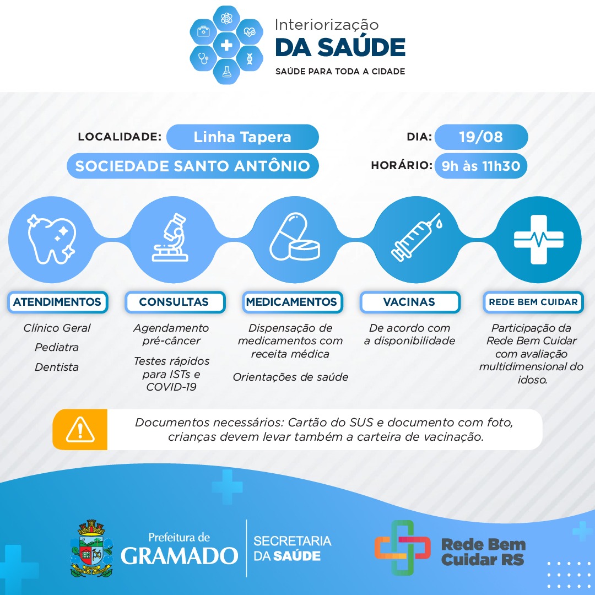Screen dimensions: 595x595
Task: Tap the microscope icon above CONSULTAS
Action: (171, 238)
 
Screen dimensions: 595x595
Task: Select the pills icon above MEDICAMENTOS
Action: (295, 237)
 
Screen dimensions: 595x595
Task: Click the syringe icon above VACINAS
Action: (416, 237)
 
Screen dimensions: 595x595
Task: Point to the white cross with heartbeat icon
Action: (538, 240)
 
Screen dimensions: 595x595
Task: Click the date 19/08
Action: (481, 137)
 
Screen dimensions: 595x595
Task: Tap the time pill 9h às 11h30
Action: (481, 166)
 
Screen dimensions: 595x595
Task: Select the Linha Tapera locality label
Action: (242, 137)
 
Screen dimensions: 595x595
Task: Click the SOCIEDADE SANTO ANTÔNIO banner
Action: (193, 166)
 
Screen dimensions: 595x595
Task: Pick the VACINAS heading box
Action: (410, 302)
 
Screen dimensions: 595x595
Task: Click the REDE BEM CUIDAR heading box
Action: (533, 302)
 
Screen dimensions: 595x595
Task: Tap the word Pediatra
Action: (57, 347)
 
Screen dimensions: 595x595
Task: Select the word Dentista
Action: (57, 367)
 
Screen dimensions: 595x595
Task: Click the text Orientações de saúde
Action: (290, 377)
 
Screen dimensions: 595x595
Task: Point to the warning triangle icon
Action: (80, 430)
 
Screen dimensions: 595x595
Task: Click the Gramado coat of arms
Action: (91, 548)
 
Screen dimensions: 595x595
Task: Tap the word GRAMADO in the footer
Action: (179, 556)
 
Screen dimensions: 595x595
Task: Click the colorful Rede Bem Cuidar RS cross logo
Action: (402, 548)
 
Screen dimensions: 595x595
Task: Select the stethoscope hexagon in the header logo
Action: (203, 58)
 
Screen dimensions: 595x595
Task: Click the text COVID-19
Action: (171, 387)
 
